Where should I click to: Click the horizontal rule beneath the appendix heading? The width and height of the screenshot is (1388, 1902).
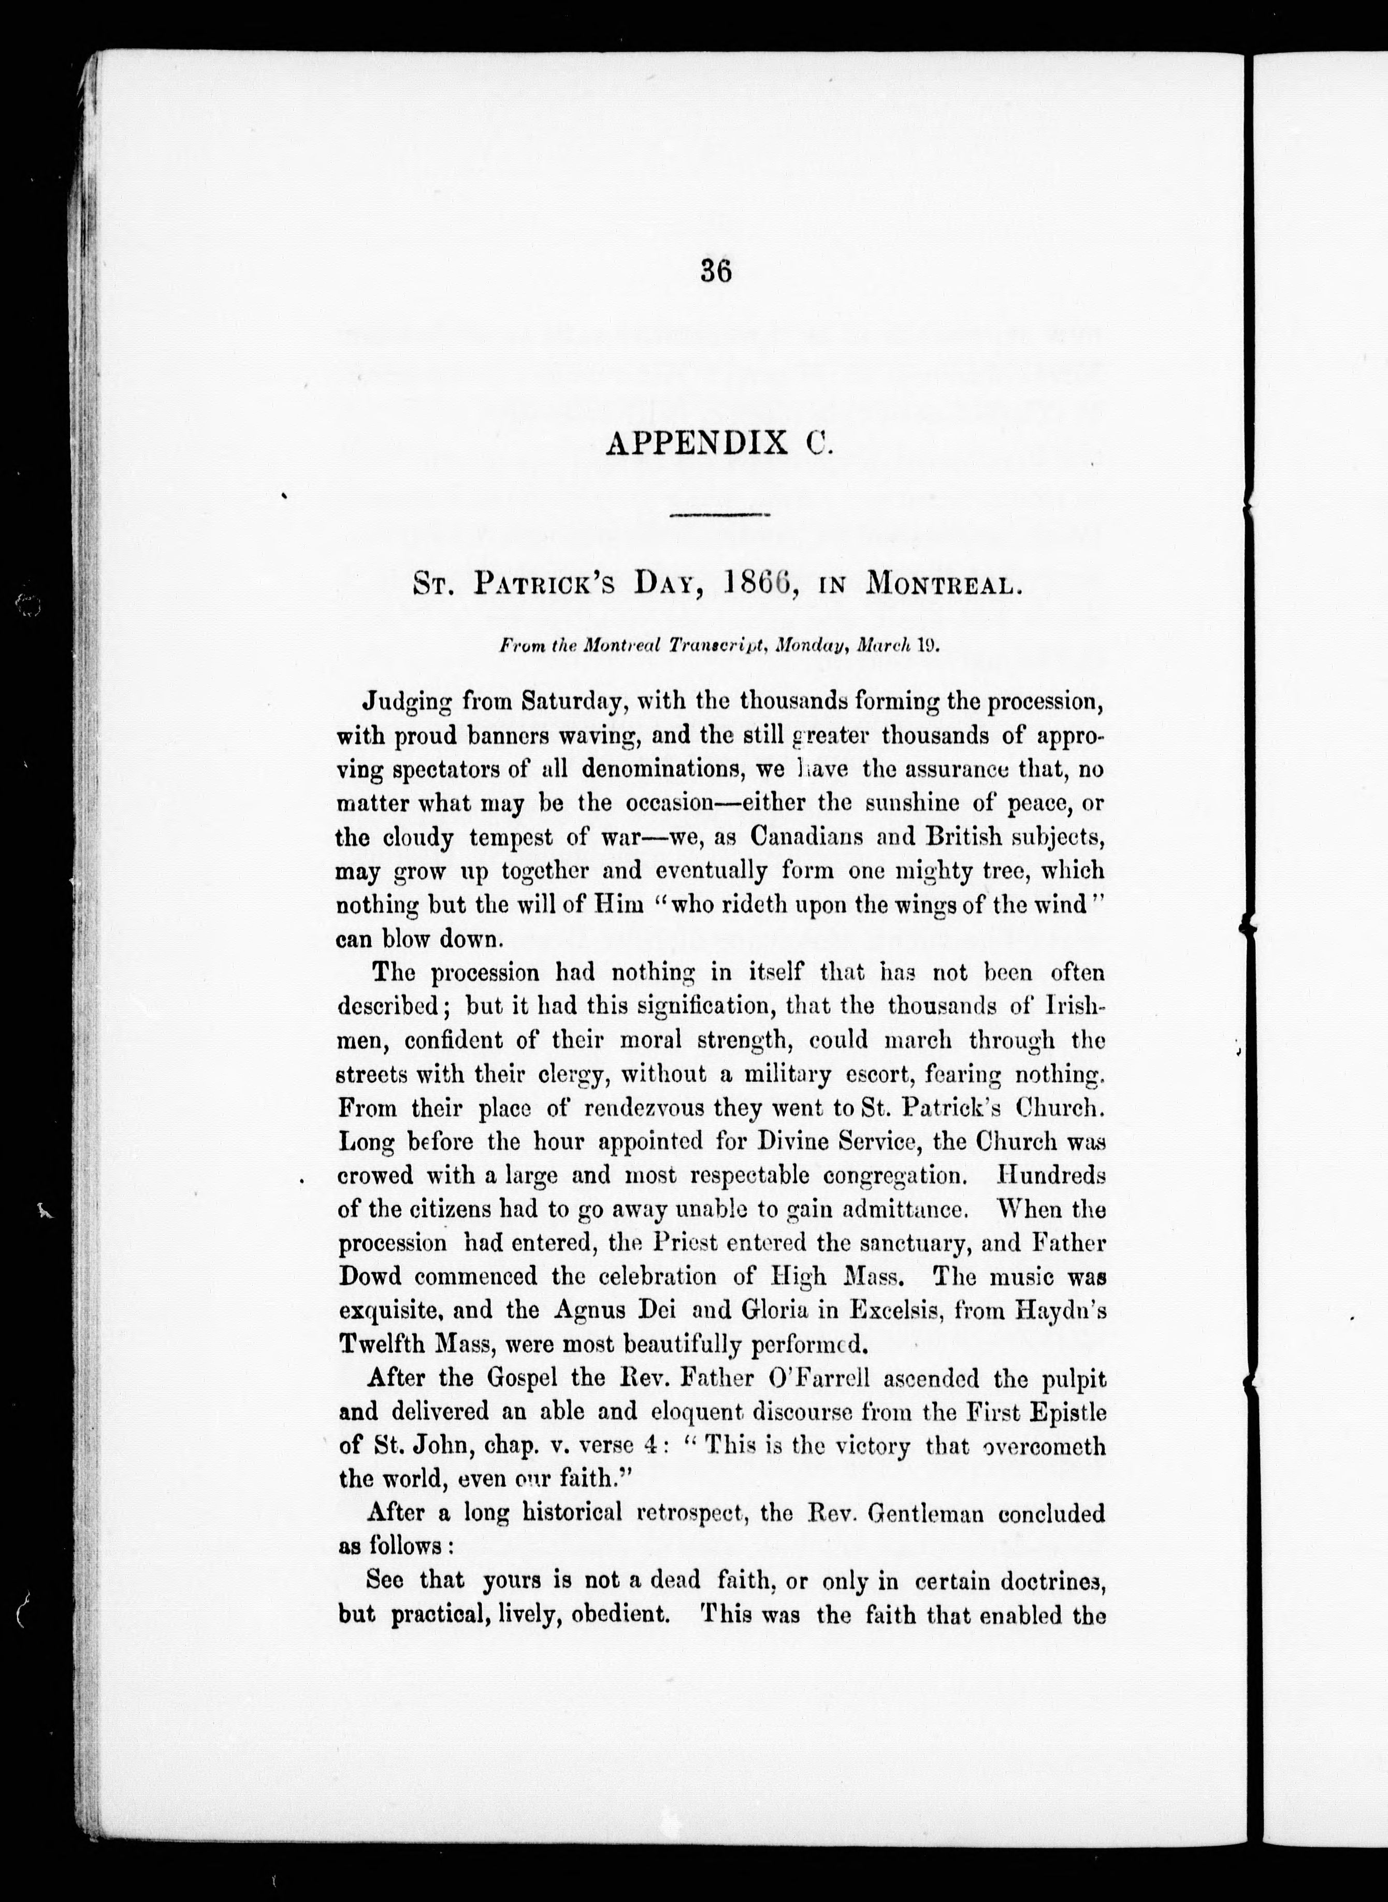click(x=720, y=514)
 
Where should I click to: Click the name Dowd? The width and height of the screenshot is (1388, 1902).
click(x=370, y=1277)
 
